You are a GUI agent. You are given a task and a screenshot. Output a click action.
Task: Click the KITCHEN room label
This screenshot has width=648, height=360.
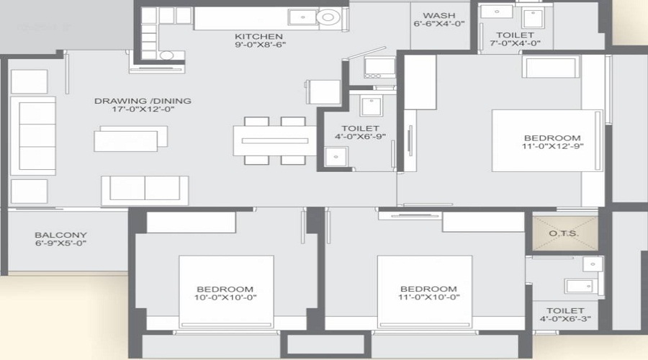pos(258,36)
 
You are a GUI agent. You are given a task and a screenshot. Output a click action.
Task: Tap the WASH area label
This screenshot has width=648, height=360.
pos(438,15)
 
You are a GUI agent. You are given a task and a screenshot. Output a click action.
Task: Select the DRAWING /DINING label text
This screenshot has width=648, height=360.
pos(143,101)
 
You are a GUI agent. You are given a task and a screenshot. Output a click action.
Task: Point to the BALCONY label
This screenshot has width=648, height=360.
pos(61,235)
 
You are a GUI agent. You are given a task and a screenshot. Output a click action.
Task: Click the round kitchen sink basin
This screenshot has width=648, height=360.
pos(328,17)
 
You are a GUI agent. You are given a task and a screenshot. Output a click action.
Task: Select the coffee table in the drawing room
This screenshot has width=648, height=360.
pos(131,138)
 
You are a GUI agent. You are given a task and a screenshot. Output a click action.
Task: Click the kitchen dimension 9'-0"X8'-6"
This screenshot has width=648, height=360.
pos(258,47)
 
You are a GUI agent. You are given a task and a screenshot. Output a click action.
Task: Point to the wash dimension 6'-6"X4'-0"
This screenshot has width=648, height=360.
pos(438,25)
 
